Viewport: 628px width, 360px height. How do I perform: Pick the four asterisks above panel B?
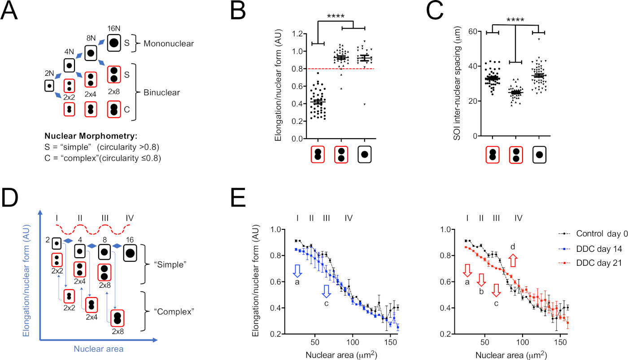coord(336,17)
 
